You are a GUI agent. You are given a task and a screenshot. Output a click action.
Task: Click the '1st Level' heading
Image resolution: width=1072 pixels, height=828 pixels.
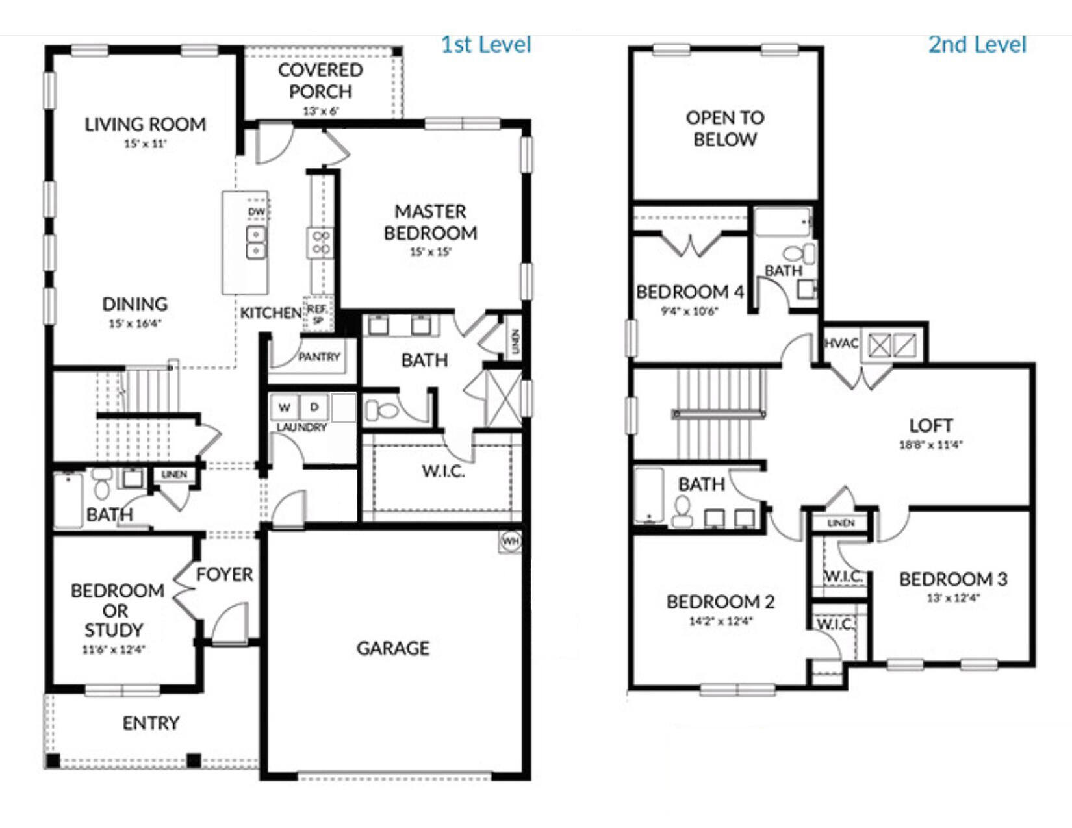(486, 45)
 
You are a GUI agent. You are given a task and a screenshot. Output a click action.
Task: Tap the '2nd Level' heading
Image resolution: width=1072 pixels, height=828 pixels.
(976, 45)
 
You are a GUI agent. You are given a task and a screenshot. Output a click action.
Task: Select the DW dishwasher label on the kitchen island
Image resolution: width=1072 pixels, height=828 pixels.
(257, 212)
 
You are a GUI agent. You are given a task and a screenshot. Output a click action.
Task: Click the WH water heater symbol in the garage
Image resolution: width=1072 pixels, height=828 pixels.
(511, 541)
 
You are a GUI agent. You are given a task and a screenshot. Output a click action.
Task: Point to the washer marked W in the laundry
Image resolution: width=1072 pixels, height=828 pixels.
(284, 408)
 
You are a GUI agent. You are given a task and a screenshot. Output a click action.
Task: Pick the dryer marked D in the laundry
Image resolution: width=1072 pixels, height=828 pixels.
(314, 407)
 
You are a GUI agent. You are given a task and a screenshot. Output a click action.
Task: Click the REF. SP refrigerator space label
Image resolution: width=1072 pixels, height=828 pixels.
(317, 314)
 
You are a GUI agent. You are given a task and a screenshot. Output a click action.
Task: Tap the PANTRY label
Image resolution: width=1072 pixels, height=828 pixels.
(319, 357)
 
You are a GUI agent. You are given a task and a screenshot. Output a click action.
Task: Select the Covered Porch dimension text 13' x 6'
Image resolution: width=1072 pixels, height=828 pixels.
(320, 111)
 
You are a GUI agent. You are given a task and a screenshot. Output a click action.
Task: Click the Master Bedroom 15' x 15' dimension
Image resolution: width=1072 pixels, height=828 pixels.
(430, 252)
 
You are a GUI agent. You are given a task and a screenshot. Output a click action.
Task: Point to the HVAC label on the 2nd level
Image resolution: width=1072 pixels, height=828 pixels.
(841, 343)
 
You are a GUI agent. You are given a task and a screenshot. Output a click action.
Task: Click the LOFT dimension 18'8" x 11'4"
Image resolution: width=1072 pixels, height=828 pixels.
(930, 445)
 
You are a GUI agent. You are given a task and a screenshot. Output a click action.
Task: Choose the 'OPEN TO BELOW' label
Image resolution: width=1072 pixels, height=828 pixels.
(724, 128)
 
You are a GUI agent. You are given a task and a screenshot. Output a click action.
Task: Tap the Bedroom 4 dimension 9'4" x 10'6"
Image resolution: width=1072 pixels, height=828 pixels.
(689, 311)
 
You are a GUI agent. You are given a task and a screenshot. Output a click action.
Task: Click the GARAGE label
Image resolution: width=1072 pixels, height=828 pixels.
(392, 647)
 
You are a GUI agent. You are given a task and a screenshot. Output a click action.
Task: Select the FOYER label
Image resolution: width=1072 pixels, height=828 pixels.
(224, 574)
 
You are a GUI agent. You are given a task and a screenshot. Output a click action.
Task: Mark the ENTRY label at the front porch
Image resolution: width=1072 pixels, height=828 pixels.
(151, 723)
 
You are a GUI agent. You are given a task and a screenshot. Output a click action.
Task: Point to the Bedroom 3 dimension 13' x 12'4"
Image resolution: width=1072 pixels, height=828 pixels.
(952, 598)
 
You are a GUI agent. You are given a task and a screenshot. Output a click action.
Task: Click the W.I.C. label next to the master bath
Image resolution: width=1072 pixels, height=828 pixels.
(443, 471)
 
